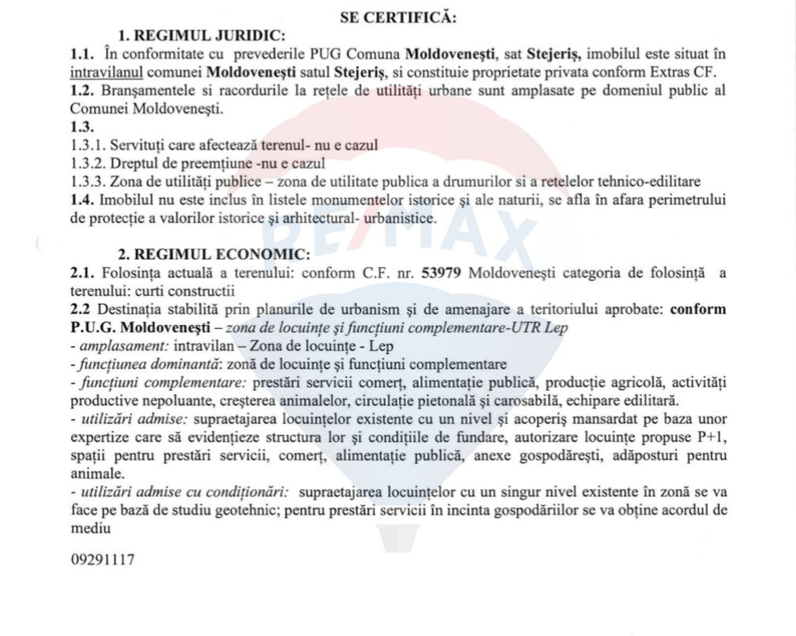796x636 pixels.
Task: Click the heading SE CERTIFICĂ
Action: click(x=398, y=18)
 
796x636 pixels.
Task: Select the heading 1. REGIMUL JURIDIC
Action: click(x=202, y=36)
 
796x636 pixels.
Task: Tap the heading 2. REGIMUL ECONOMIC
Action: click(x=214, y=254)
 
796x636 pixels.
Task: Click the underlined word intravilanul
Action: click(x=107, y=73)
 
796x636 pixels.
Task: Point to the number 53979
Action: click(x=441, y=273)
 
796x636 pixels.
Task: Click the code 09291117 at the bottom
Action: click(x=103, y=560)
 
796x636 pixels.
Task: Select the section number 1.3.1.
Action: click(x=88, y=145)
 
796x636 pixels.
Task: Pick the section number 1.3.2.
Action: click(x=88, y=163)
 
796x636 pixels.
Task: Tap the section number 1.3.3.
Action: click(x=88, y=182)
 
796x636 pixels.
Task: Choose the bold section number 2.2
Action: click(x=80, y=309)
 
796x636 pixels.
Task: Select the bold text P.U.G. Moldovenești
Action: click(x=141, y=328)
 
